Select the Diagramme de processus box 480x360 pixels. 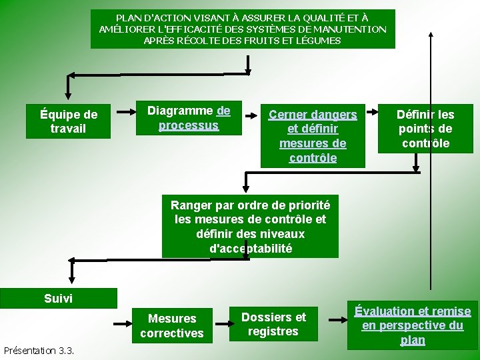pos(188,118)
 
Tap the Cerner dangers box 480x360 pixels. pos(313,135)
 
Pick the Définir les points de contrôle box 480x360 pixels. pos(425,129)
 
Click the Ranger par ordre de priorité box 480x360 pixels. pos(249,226)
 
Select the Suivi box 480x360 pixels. pos(58,298)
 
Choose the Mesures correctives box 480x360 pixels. pos(171,325)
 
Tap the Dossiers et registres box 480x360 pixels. pos(273,324)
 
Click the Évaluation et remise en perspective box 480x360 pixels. pos(412,325)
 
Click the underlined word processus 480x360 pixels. pos(188,125)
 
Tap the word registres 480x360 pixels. pos(273,331)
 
